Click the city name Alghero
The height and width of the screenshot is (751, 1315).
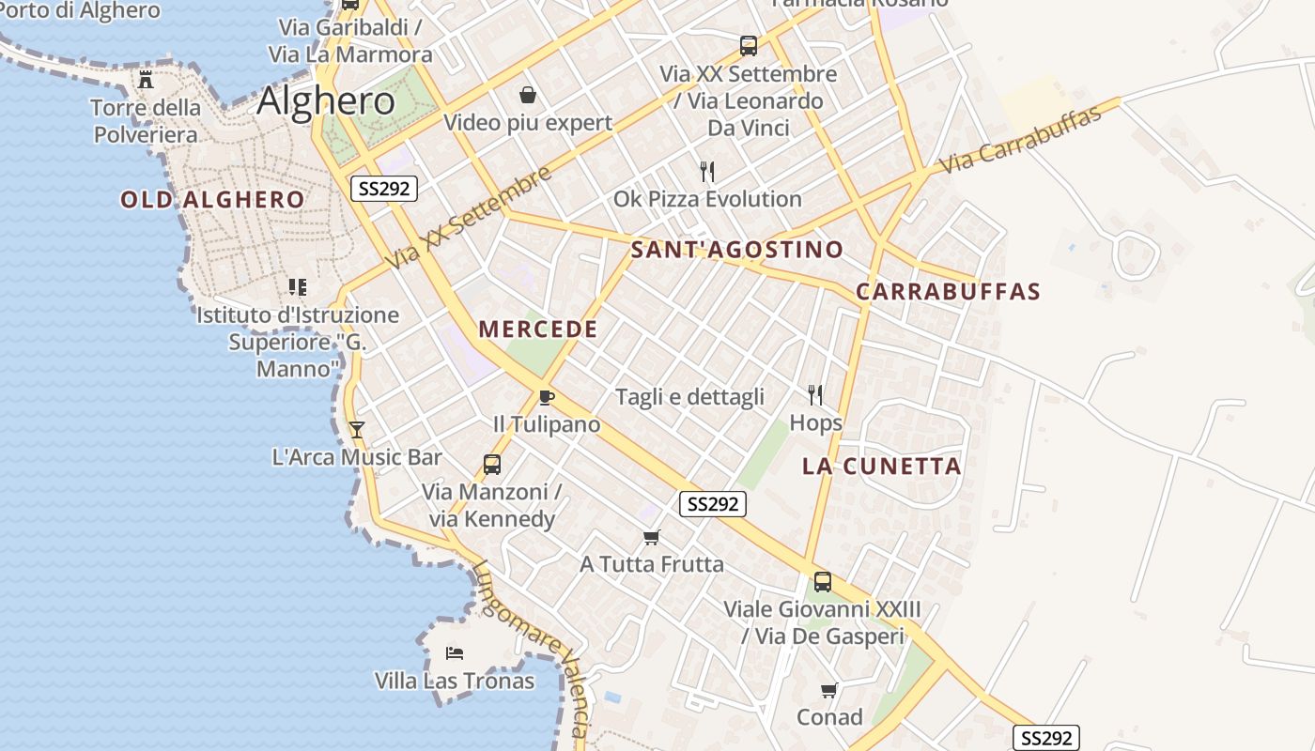pyautogui.click(x=326, y=100)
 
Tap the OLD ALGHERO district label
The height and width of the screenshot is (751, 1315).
pyautogui.click(x=212, y=200)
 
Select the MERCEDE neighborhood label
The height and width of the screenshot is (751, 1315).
pyautogui.click(x=538, y=330)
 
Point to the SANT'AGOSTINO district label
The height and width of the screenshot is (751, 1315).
pyautogui.click(x=737, y=250)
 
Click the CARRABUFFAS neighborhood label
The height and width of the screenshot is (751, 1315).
pyautogui.click(x=948, y=292)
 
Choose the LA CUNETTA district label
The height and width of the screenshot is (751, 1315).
pyautogui.click(x=882, y=467)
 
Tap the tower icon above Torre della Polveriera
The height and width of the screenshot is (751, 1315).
pyautogui.click(x=146, y=80)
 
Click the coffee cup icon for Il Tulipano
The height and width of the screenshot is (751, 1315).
pyautogui.click(x=547, y=397)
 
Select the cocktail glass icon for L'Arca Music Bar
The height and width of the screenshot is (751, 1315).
pyautogui.click(x=356, y=430)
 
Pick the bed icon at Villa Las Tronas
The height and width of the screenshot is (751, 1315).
pyautogui.click(x=455, y=652)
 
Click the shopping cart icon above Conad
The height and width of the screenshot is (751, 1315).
pyautogui.click(x=828, y=691)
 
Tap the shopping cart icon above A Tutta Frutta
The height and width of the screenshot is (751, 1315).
pyautogui.click(x=651, y=537)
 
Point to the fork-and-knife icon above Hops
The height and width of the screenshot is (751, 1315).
pyautogui.click(x=815, y=395)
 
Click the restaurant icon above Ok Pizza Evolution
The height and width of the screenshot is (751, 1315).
pyautogui.click(x=707, y=172)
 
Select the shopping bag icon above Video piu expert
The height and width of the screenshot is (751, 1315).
pyautogui.click(x=528, y=95)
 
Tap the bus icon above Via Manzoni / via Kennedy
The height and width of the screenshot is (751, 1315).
pyautogui.click(x=492, y=464)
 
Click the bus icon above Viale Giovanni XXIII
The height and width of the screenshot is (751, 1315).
pyautogui.click(x=823, y=582)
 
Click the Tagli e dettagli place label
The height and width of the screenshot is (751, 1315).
pyautogui.click(x=689, y=397)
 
